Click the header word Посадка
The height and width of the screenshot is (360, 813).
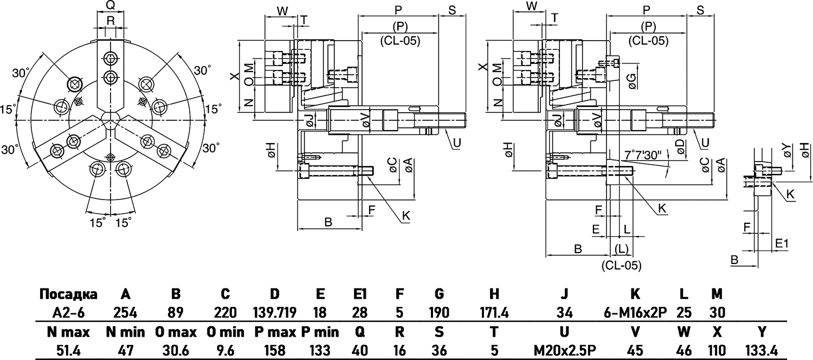tap(68, 294)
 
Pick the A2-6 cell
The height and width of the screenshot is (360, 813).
tap(68, 313)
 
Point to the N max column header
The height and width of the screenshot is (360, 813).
tap(68, 332)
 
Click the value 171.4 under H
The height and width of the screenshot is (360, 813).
tap(494, 313)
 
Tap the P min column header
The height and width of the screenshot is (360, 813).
tap(320, 332)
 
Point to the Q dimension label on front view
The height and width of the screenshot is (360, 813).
tap(110, 5)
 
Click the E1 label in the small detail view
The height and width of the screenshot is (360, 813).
tap(782, 243)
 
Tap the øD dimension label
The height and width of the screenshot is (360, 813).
tap(680, 145)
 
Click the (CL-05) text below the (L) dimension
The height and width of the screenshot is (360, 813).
tap(621, 266)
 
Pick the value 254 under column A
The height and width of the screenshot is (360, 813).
tap(125, 313)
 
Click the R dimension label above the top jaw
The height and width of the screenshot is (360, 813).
tap(111, 21)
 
